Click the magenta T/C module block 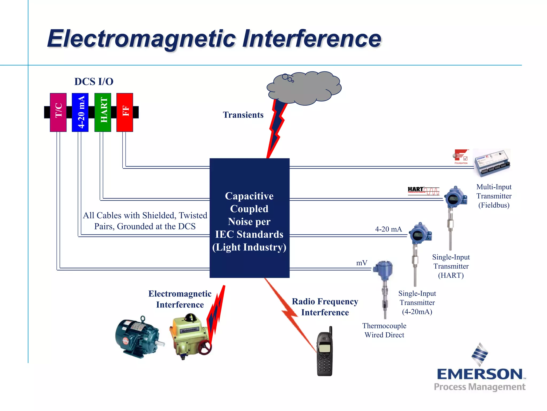click(x=58, y=112)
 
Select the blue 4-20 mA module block click(x=80, y=112)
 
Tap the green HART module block click(x=103, y=112)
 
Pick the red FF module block click(x=125, y=112)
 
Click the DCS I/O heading click(x=94, y=82)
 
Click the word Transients click(x=243, y=115)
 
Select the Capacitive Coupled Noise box click(x=249, y=218)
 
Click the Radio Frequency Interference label click(x=325, y=307)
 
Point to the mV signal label click(x=362, y=263)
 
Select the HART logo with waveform click(x=423, y=191)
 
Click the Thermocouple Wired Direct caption click(x=384, y=330)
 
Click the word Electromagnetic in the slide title click(x=142, y=39)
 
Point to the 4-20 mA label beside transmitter click(x=388, y=229)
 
